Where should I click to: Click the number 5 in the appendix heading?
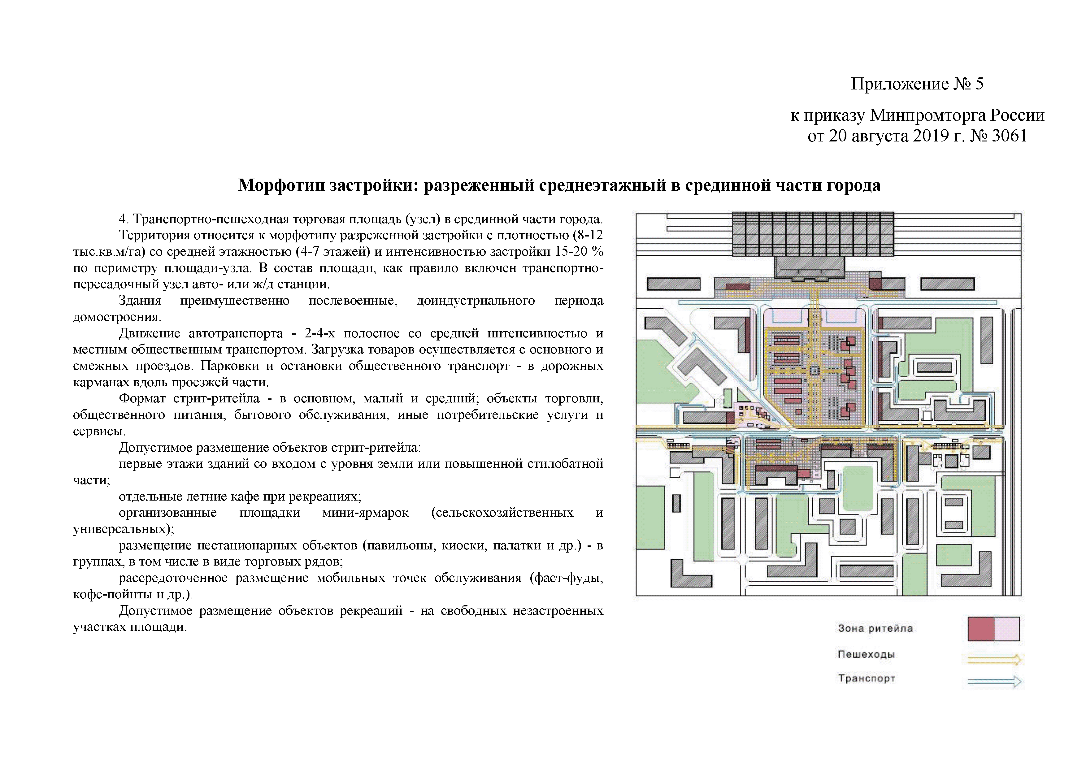coord(979,84)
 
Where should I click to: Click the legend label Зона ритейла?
coord(875,628)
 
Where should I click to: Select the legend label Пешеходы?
coord(866,654)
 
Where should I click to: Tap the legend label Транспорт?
coord(867,678)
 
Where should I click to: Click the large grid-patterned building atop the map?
coord(813,234)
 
